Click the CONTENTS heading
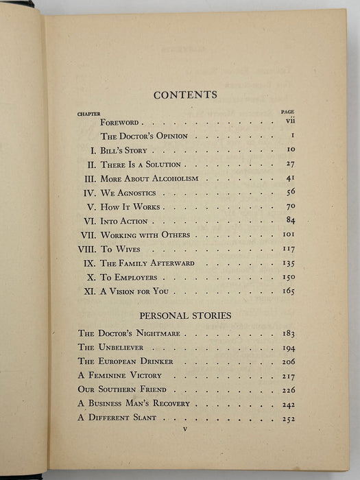pos(185,95)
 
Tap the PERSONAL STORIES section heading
pos(185,316)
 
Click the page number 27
pos(289,165)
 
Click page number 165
pos(288,291)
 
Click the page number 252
pos(288,419)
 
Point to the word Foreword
pos(120,121)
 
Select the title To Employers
pos(128,278)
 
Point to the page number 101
pos(288,235)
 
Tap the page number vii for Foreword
pos(290,121)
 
